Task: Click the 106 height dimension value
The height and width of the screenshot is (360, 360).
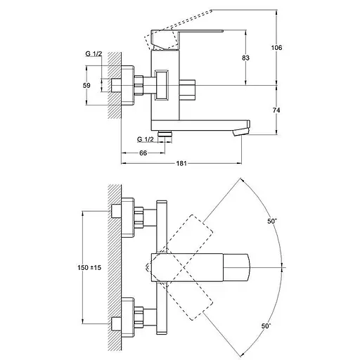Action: click(276, 48)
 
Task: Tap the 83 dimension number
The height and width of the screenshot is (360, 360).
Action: click(245, 58)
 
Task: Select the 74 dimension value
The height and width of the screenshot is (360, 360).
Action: click(276, 110)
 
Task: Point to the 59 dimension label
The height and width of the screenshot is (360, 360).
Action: click(86, 86)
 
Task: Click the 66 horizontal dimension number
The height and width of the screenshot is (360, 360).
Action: click(143, 153)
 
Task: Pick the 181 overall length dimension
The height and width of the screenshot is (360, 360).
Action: click(181, 163)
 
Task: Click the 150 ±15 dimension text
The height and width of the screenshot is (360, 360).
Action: click(89, 267)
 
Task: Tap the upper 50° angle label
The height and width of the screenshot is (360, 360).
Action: click(272, 221)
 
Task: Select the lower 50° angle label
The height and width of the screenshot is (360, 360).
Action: click(266, 326)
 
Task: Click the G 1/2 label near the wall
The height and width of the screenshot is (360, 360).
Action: click(94, 53)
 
